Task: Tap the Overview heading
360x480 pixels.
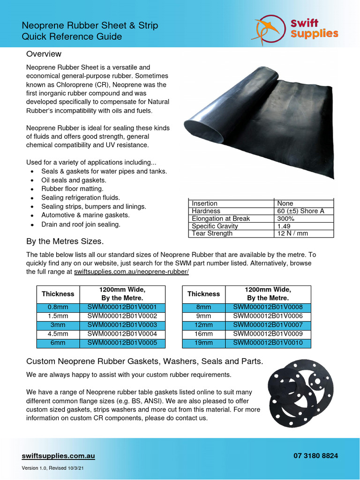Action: pyautogui.click(x=44, y=54)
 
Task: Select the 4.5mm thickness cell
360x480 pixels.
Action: pyautogui.click(x=58, y=334)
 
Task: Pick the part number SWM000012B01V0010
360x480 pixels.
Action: pyautogui.click(x=268, y=343)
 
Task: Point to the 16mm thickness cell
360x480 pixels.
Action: pyautogui.click(x=203, y=334)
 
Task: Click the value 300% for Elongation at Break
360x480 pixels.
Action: pyautogui.click(x=286, y=218)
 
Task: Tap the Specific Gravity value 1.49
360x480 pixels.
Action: pyautogui.click(x=284, y=226)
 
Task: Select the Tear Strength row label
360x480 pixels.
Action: pyautogui.click(x=212, y=233)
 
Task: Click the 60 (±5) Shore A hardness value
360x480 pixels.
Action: pyautogui.click(x=300, y=211)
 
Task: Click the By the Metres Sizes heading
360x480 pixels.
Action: pyautogui.click(x=65, y=241)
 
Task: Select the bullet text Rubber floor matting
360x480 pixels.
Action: pyautogui.click(x=72, y=188)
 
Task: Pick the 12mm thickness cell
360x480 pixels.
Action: pyautogui.click(x=203, y=325)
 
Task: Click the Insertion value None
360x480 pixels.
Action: pyautogui.click(x=285, y=203)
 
